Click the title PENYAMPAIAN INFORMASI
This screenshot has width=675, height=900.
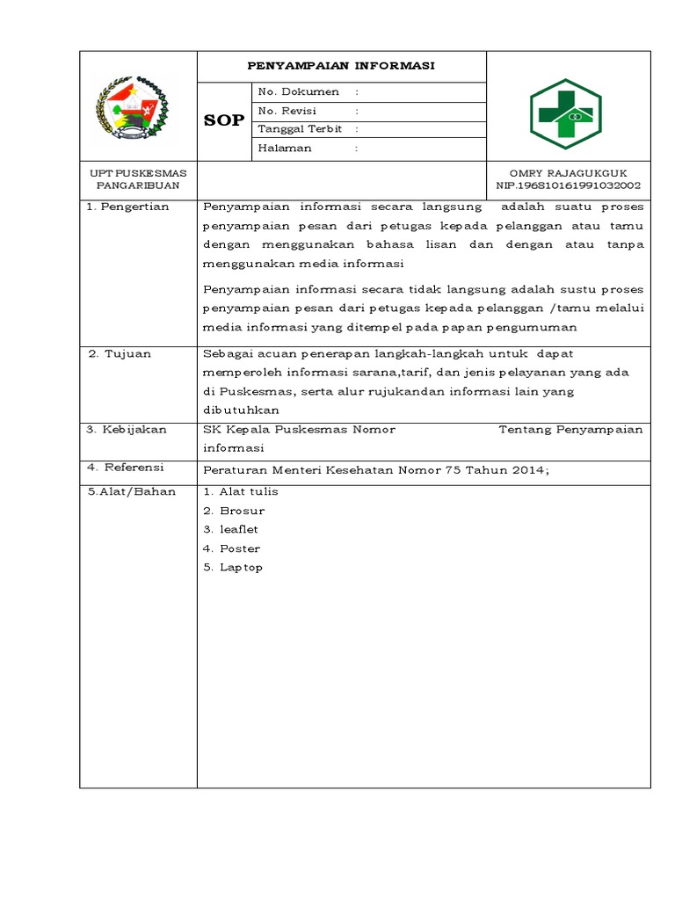[x=341, y=67]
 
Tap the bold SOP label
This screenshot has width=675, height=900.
[x=224, y=120]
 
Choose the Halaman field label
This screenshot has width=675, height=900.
[x=285, y=149]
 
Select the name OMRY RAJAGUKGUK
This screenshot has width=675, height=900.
[x=568, y=173]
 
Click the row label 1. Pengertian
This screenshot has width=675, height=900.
[x=127, y=207]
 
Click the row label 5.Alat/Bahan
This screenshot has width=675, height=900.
[x=132, y=491]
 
